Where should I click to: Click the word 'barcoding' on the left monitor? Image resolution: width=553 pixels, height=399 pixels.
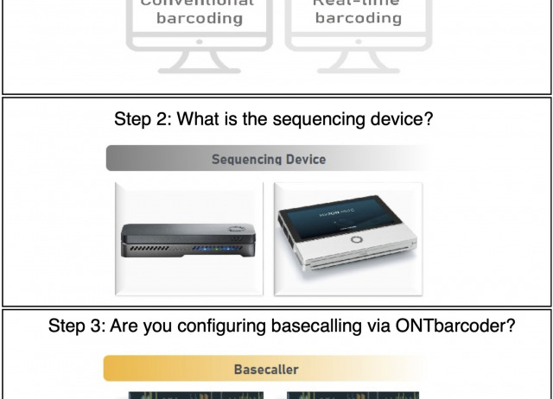(200, 18)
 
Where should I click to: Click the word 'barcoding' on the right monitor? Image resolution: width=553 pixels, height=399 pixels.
(358, 18)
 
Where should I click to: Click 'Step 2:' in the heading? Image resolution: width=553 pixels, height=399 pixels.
(143, 119)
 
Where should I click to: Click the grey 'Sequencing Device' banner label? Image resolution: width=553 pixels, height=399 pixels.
(269, 159)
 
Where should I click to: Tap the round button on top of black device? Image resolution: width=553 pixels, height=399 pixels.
(234, 230)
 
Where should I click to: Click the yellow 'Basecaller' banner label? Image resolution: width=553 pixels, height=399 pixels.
(266, 370)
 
